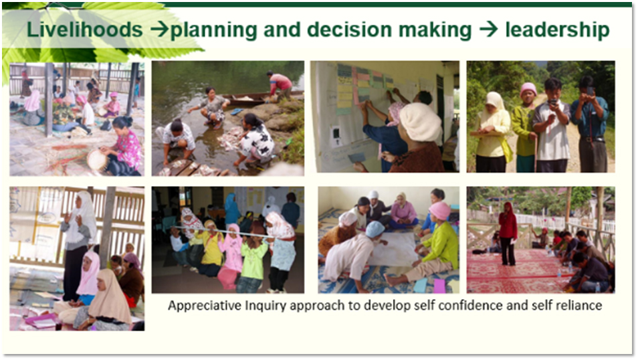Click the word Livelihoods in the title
85,29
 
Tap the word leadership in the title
558,29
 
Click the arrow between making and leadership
488,29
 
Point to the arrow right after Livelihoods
159,29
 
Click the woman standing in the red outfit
508,234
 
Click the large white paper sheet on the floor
393,249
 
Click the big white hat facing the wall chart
420,122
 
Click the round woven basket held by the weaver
98,160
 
